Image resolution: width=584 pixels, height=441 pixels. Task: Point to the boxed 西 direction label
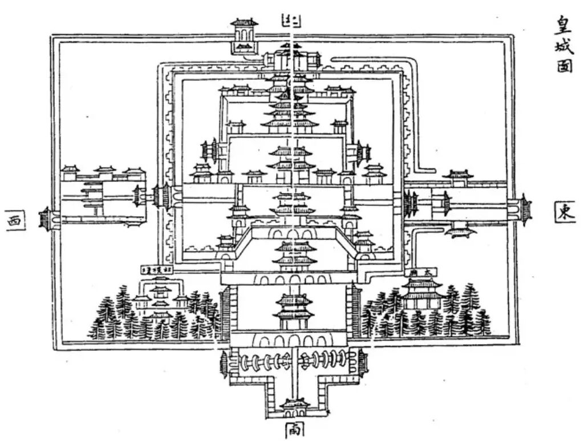pyautogui.click(x=15, y=220)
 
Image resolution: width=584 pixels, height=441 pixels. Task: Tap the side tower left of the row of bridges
pyautogui.click(x=224, y=362)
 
